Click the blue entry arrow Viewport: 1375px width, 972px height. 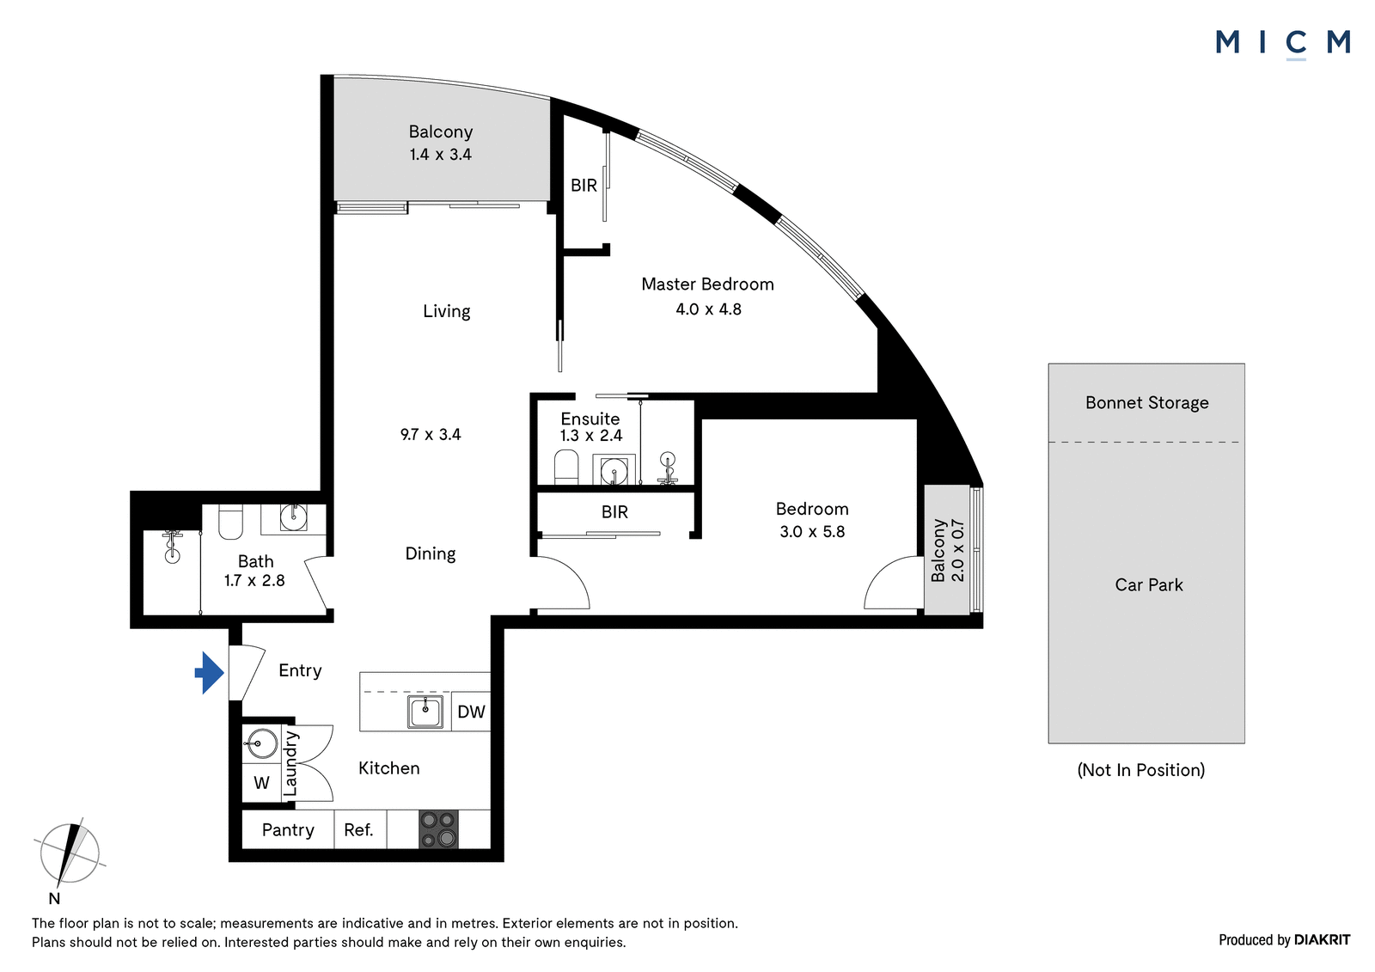pos(210,673)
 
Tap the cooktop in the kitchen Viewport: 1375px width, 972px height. pos(438,829)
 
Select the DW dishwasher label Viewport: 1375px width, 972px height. pos(472,712)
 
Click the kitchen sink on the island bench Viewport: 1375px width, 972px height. pos(425,712)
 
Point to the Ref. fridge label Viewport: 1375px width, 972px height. pos(358,830)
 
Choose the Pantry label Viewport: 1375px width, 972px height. pos(288,830)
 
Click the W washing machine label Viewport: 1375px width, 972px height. pos(261,783)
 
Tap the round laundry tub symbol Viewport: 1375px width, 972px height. pos(260,743)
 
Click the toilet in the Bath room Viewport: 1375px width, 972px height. pos(231,522)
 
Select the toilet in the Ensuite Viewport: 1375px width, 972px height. pos(566,468)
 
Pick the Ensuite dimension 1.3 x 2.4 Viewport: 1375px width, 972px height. pos(590,436)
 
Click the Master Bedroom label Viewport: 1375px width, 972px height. pos(707,284)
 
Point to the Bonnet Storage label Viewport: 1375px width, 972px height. pos(1146,403)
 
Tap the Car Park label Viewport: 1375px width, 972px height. pos(1148,584)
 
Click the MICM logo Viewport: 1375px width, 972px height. pos(1283,44)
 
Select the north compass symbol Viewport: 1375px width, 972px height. pos(70,854)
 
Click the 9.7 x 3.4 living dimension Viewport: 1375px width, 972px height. pos(431,435)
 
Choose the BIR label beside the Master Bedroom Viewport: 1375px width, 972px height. pos(584,185)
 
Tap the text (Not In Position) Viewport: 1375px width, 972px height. pos(1141,770)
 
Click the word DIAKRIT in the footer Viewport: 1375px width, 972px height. pos(1323,939)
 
